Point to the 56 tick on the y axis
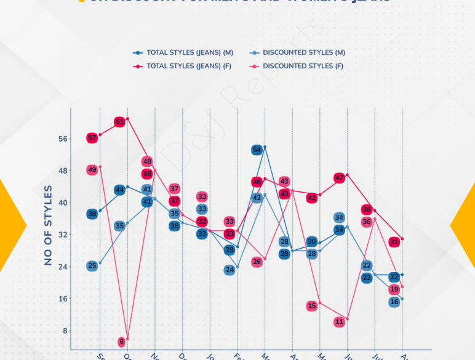[62, 139]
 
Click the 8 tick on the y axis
[65, 331]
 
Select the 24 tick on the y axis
[62, 267]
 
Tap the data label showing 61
[119, 122]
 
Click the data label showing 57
[92, 138]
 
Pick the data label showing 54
[257, 150]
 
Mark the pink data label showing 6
[121, 342]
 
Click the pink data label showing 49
[92, 170]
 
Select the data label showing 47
[339, 178]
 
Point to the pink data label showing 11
[339, 322]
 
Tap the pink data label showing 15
[312, 305]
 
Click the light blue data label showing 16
[394, 302]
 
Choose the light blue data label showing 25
[92, 266]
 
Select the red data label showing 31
[394, 242]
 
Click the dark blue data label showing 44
[119, 190]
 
